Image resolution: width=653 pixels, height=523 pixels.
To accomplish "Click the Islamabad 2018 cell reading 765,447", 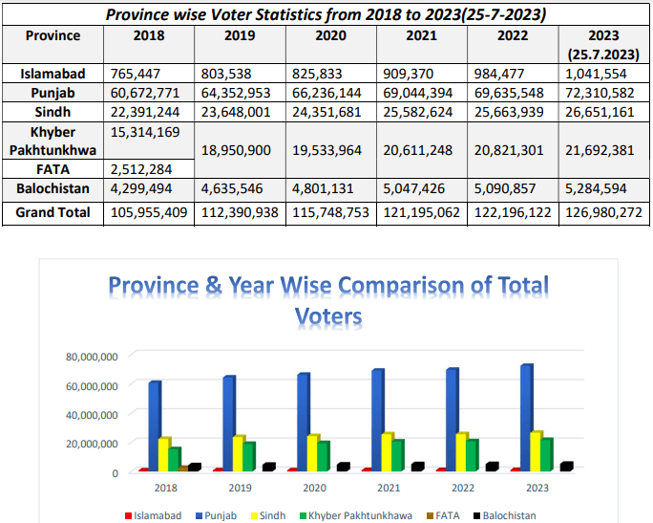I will pos(135,74).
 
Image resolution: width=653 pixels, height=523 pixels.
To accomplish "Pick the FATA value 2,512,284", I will pos(135,169).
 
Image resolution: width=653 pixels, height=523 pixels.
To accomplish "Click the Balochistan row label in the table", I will pos(53,188).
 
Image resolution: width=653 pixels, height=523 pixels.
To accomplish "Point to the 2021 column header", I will pos(420,35).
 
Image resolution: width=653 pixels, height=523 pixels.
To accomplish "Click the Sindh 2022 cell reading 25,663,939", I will pos(512,112).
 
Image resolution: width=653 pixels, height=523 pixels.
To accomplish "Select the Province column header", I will pos(53,35).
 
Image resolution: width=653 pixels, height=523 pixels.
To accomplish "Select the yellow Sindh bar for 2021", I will pos(387,451).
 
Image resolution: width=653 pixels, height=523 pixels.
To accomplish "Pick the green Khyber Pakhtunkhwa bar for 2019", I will pos(248,456).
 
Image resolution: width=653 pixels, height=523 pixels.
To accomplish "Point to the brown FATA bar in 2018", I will pos(183,468).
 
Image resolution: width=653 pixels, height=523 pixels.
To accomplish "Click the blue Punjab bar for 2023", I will pos(527,417).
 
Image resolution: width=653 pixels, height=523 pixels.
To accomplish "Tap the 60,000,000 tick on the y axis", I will pos(93,386).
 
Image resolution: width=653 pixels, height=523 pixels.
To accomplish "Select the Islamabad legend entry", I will pos(157,515).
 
